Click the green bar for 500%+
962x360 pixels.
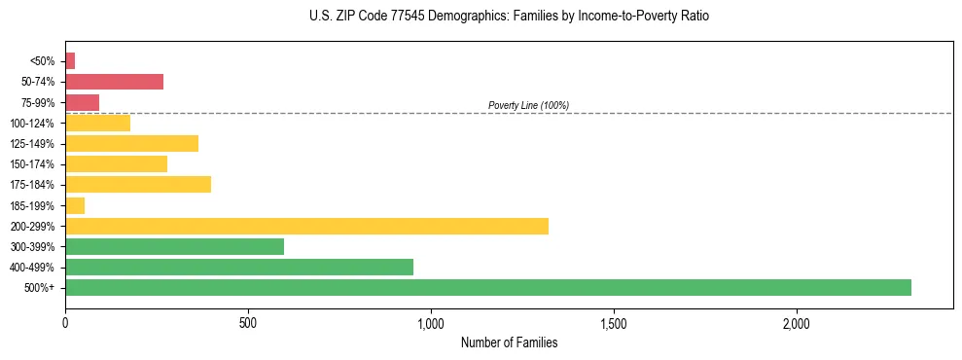[x=487, y=287]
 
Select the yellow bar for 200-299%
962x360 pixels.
[x=306, y=226]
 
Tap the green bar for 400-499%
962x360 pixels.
[x=239, y=267]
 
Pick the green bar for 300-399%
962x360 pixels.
[x=174, y=246]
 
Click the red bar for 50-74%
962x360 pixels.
[x=114, y=82]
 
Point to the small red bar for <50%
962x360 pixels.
[x=70, y=61]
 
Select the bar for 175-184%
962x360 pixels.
[x=138, y=184]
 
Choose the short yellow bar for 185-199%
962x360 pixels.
[x=75, y=205]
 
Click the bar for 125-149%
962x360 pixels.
[x=131, y=143]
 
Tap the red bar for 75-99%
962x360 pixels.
[x=82, y=102]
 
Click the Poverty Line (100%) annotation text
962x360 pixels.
[x=528, y=105]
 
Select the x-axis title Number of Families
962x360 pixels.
[x=509, y=342]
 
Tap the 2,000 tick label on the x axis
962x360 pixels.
[x=797, y=323]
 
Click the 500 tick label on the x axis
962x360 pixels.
[x=248, y=323]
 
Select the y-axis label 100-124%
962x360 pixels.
[x=33, y=124]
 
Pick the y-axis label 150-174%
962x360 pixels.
[x=33, y=164]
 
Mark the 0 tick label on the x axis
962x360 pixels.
[x=65, y=323]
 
